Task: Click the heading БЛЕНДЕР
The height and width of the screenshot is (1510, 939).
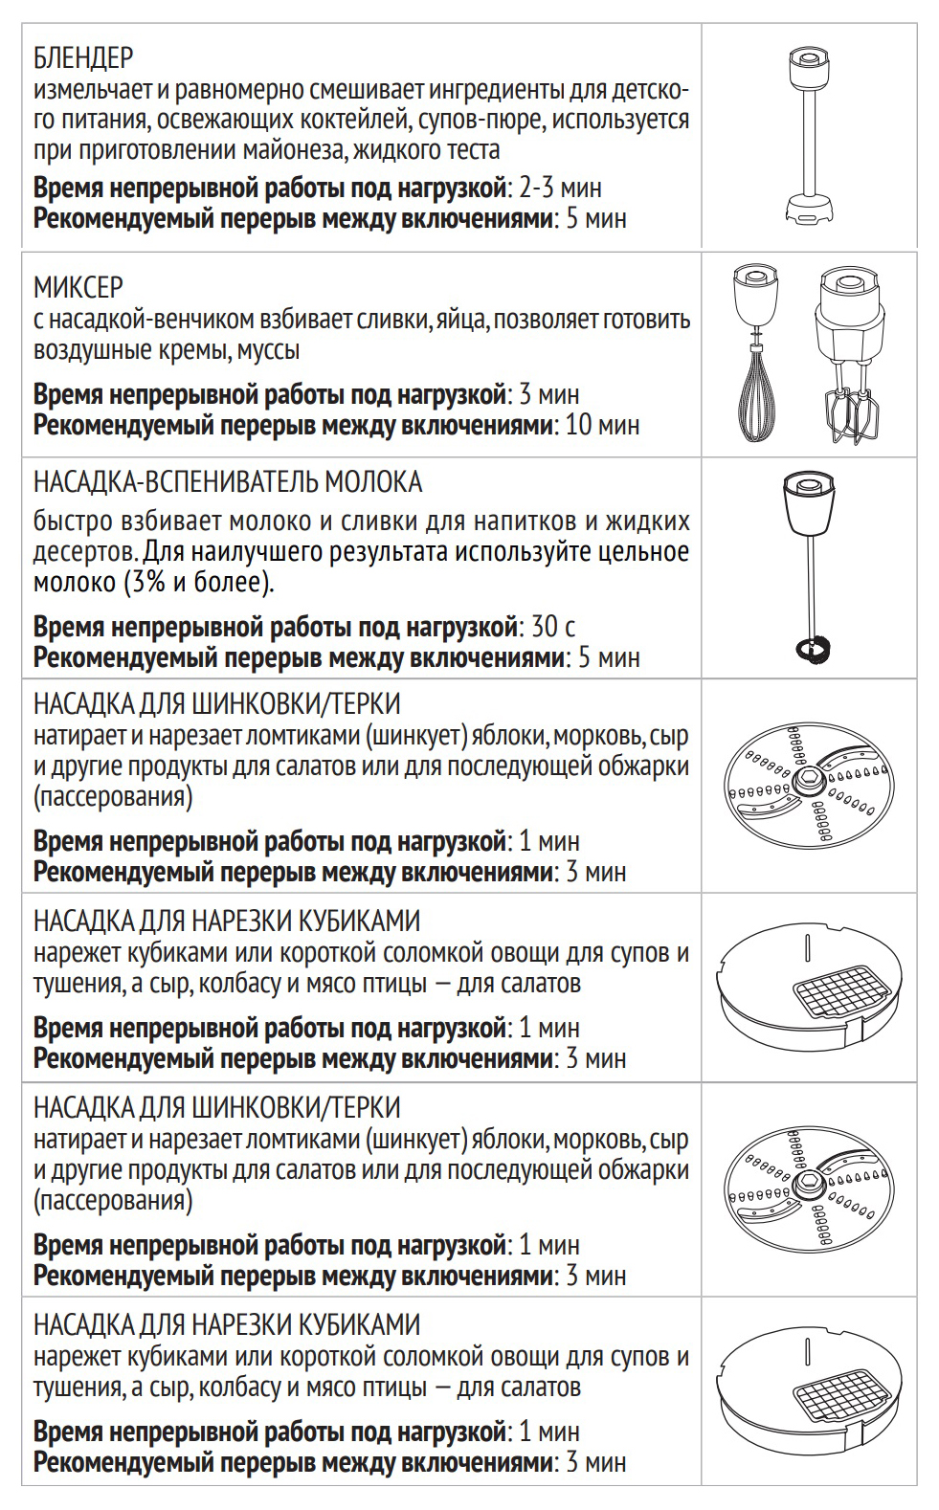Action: [x=83, y=58]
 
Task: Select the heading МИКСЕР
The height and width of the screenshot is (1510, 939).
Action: [x=78, y=287]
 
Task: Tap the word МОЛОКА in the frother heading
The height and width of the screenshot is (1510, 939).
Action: [x=374, y=481]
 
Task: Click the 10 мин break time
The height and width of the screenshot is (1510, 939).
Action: [x=602, y=425]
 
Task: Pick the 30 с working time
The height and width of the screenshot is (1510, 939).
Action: [x=553, y=627]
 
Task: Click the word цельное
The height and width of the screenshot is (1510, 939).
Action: [x=643, y=552]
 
